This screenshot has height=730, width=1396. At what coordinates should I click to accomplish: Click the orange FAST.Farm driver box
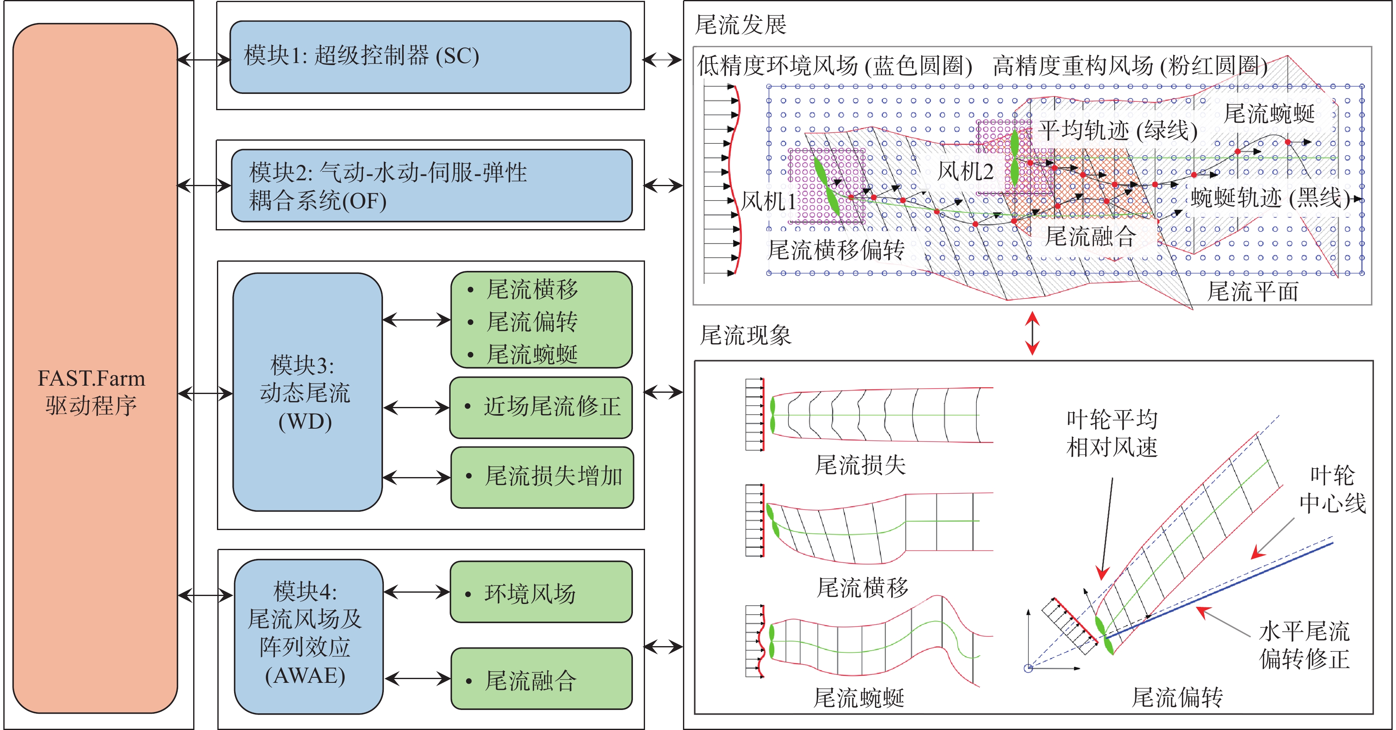coord(95,369)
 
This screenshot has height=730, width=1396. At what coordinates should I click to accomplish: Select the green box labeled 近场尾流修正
coord(541,407)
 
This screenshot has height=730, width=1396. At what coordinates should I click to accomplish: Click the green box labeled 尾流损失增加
coord(542,477)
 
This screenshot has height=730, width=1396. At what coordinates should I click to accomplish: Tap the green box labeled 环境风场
coord(541,592)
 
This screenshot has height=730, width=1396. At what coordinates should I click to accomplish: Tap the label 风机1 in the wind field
coord(768,201)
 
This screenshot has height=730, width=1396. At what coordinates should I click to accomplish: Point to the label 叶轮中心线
coord(1332,489)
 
